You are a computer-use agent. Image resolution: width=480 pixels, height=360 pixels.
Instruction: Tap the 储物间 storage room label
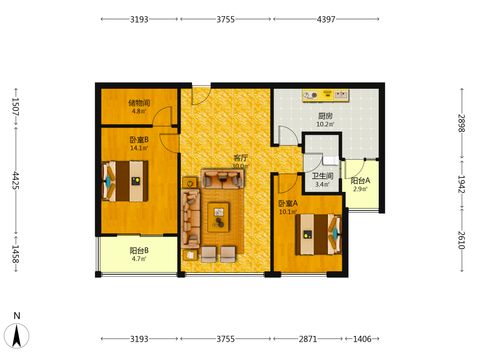[x=139, y=103]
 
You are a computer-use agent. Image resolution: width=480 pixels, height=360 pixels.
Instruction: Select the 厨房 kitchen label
[x=325, y=116]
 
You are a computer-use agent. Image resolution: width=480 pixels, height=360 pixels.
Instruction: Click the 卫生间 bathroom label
[x=323, y=176]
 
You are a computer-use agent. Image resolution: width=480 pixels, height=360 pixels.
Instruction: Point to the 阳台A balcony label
[x=360, y=180]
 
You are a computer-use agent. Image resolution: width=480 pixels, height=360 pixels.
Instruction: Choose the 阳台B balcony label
[x=139, y=251]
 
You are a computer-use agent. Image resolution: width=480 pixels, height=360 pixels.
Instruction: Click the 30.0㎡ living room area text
[x=240, y=166]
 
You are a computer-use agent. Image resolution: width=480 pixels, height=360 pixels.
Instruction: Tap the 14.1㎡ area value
[x=139, y=148]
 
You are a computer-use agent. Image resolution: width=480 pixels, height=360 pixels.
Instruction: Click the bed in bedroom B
[x=125, y=181]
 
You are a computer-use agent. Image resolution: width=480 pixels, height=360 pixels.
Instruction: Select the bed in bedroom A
[x=318, y=234]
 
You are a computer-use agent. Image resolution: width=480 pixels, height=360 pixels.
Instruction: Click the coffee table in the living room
[x=218, y=217]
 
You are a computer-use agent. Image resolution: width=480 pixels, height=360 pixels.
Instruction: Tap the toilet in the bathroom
[x=331, y=160]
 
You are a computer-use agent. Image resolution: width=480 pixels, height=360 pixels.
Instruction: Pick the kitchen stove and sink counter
[x=325, y=95]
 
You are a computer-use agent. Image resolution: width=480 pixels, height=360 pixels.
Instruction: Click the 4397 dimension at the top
[x=326, y=19]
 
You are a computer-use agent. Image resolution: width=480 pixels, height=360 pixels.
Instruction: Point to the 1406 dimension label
[x=362, y=339]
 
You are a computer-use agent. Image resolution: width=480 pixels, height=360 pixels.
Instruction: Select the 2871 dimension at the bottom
[x=308, y=339]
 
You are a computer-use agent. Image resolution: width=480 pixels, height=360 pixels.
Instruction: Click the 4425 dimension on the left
[x=15, y=180]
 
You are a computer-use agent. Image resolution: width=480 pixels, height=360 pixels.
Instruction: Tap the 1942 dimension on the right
[x=461, y=184]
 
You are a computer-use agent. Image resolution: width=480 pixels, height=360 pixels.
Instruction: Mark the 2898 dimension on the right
[x=461, y=123]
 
